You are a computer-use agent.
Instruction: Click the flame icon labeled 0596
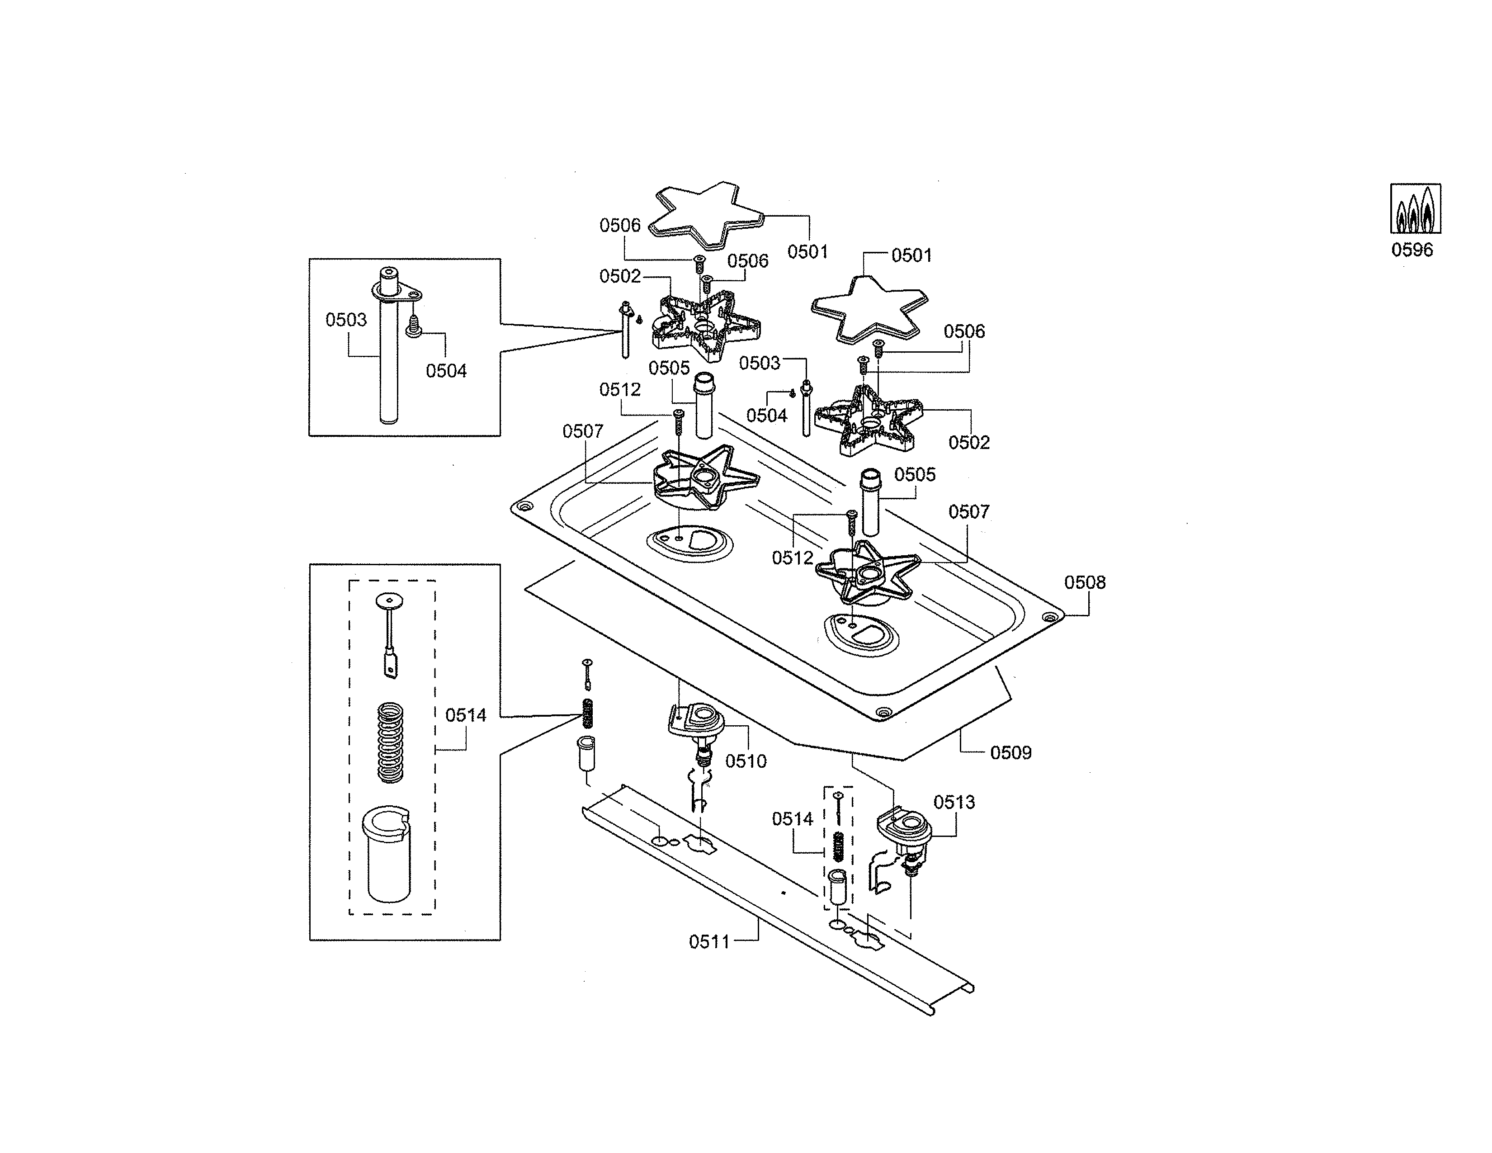[x=1416, y=208]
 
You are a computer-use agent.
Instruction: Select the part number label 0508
[x=1084, y=583]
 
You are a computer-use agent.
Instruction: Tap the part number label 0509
[x=1010, y=753]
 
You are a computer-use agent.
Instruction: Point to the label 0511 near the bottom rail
[x=709, y=942]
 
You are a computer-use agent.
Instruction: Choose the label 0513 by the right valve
[x=954, y=802]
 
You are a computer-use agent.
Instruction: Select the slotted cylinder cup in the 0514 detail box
[x=388, y=854]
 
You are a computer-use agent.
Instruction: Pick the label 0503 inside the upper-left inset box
[x=346, y=320]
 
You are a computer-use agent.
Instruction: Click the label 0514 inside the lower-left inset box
[x=465, y=715]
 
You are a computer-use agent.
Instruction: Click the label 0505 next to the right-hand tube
[x=915, y=475]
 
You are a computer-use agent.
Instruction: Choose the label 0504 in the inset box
[x=446, y=371]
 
